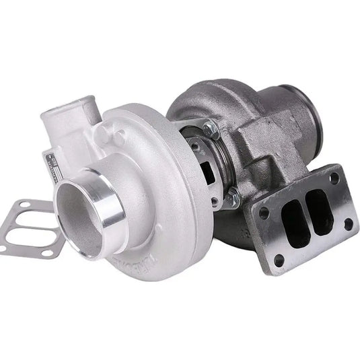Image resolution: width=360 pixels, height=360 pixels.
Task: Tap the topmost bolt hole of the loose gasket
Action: click(x=24, y=205)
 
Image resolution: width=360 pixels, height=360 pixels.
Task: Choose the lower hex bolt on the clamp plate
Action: click(x=233, y=198)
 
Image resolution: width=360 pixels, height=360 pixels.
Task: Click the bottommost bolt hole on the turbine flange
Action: click(x=279, y=260)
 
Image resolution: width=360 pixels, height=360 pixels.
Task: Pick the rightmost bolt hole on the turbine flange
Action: click(x=348, y=221)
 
